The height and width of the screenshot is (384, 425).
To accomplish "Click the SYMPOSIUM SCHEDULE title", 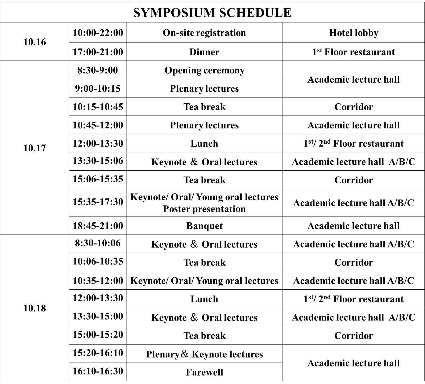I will coord(212,12).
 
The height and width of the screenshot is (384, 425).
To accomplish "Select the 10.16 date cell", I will coord(34,42).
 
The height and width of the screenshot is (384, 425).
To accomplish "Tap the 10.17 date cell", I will coord(34,148).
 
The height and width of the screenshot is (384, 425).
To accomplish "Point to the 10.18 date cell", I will coord(34,308).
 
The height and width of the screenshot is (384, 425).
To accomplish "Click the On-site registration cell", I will coord(204,33).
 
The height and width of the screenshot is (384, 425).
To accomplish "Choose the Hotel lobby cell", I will coord(353,33).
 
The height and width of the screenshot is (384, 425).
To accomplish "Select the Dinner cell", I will coord(204,52).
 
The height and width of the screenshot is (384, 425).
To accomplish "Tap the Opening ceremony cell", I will coord(204,70).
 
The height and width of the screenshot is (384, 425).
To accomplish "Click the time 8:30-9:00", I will coord(98,70).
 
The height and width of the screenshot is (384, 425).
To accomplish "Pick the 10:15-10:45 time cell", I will coord(98,107).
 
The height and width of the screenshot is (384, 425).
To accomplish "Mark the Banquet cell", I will coord(204,226).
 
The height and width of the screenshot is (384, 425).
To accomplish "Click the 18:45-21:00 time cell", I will coord(98,226).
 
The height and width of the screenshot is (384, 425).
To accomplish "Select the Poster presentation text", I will coord(204,209).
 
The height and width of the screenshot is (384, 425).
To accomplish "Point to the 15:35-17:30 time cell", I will coord(98,202).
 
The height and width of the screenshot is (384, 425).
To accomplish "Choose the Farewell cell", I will coord(204,372).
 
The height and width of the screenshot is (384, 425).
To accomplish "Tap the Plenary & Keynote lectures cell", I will coord(204,354).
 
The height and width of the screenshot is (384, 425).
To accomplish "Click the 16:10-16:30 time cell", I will coord(98,371).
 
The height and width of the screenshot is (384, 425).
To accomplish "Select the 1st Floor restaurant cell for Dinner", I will coord(353,52).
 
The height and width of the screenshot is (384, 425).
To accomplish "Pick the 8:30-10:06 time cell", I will coord(98,243).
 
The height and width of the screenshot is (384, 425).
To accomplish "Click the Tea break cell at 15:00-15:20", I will coord(204,336).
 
